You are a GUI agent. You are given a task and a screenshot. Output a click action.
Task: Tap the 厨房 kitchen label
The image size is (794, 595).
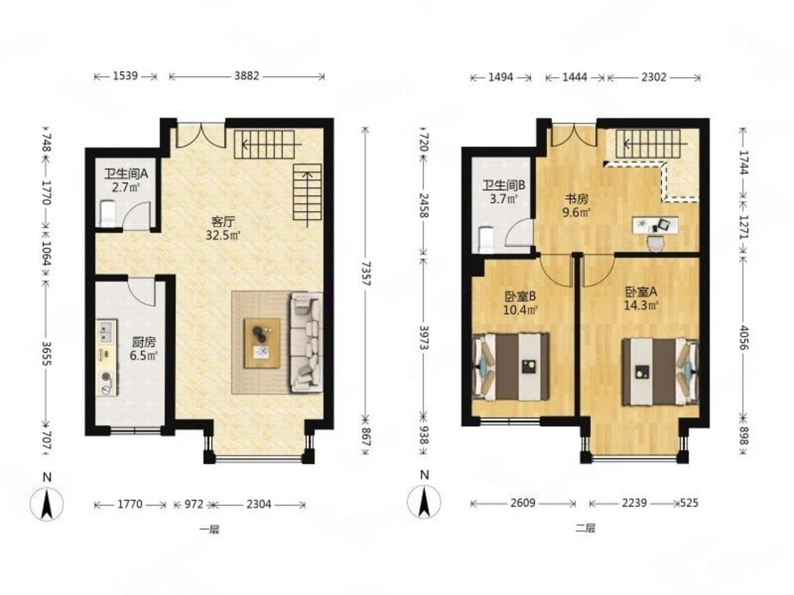(144, 342)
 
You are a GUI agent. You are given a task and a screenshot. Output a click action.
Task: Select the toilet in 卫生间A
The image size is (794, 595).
(107, 214)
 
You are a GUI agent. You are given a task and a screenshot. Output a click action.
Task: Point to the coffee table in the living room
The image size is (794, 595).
(262, 343)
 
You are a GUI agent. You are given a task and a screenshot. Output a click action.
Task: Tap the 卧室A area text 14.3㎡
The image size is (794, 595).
(640, 306)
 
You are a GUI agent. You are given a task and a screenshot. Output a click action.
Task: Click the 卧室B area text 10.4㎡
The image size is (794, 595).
(520, 310)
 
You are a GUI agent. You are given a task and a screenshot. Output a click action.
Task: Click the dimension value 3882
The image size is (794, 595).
(247, 76)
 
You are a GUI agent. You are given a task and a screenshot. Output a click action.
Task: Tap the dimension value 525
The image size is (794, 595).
(689, 503)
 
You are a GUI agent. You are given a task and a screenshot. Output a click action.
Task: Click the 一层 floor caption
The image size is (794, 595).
(210, 530)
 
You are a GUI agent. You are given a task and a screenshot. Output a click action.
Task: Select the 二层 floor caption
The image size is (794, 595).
(585, 528)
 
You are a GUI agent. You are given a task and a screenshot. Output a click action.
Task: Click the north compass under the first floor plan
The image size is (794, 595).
(46, 503)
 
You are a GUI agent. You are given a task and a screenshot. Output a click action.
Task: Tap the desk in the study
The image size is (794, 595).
(655, 225)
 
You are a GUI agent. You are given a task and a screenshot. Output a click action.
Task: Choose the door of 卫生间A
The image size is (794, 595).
(136, 215)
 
